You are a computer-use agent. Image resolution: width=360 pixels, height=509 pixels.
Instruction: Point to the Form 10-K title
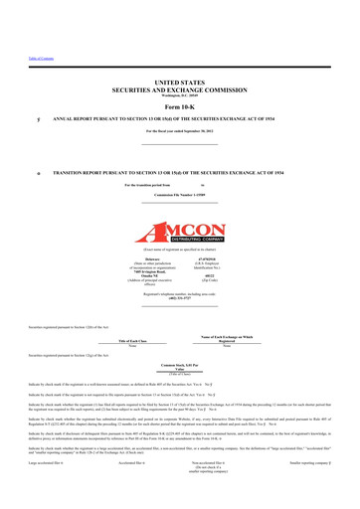click(x=180, y=134)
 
